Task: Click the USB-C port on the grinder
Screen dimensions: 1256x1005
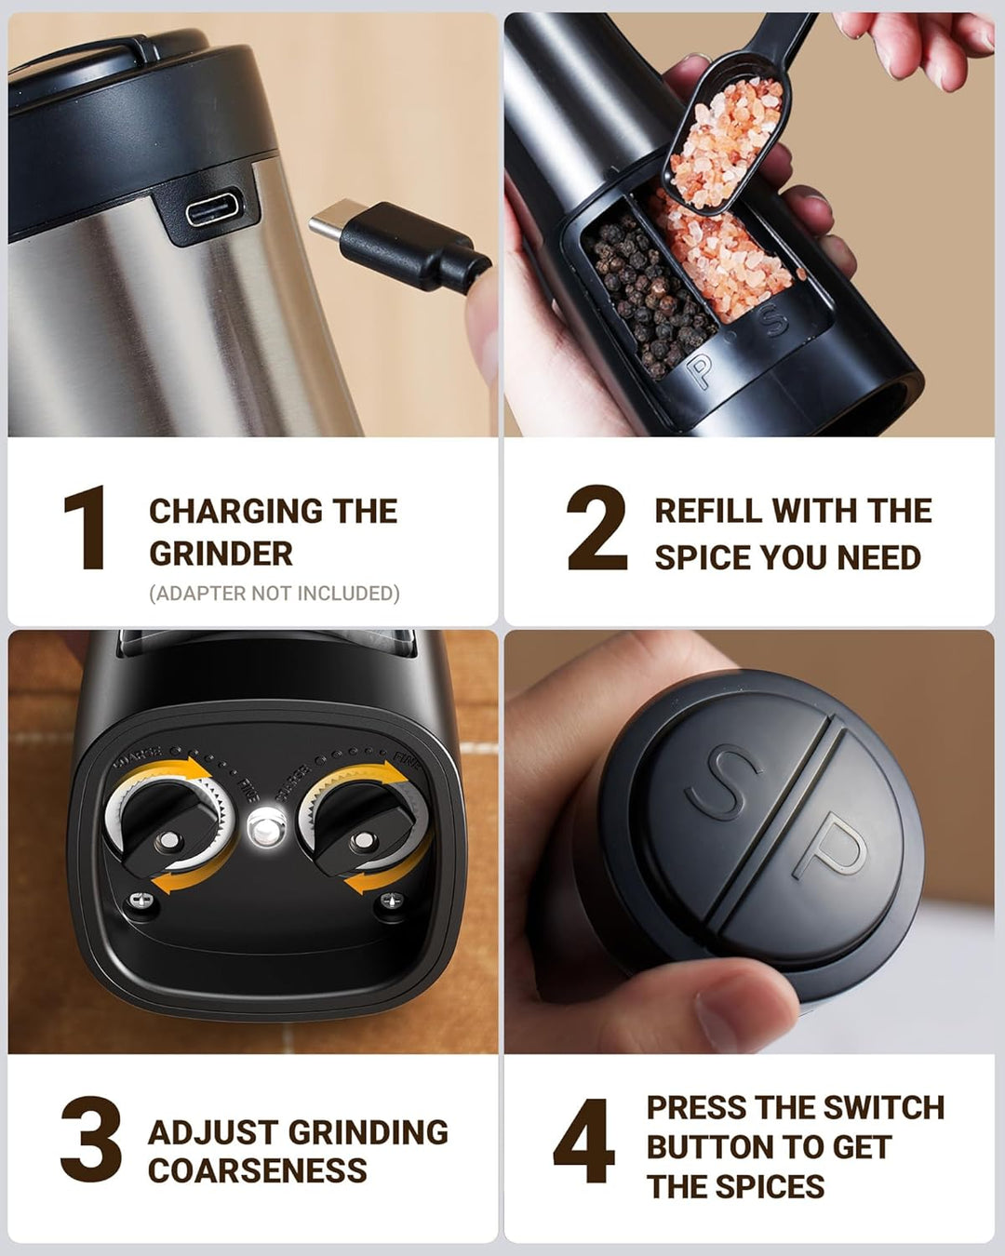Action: pos(213,212)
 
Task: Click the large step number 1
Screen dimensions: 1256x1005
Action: pos(86,528)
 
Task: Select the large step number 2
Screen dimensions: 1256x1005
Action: pos(596,528)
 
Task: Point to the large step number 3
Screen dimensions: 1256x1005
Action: pos(91,1140)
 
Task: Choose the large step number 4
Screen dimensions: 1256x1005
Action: pos(583,1141)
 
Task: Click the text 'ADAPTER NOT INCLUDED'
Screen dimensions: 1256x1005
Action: pos(275,594)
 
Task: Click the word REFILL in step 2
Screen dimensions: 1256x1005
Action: pos(709,511)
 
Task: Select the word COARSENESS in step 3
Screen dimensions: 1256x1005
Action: pos(258,1170)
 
